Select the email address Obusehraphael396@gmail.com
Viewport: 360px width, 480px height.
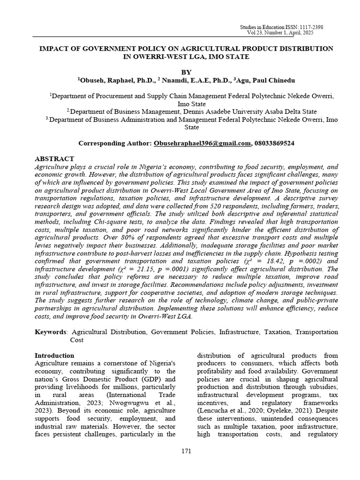202,143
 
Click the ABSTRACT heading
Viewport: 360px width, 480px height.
55,159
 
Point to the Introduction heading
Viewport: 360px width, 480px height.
55,356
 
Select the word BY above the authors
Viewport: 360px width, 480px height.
186,72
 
